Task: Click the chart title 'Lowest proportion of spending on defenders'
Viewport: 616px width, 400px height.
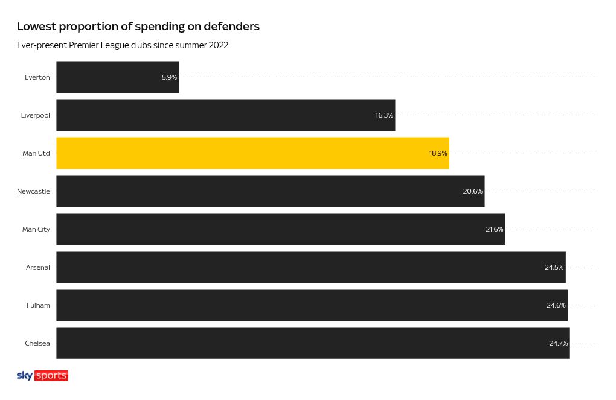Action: pos(138,27)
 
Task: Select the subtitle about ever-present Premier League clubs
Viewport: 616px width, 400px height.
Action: pos(123,45)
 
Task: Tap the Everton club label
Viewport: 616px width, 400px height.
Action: pos(37,77)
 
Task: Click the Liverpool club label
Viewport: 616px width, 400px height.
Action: pos(36,115)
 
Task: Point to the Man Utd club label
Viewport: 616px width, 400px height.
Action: pos(36,153)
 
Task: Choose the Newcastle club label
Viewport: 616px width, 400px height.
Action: pos(33,192)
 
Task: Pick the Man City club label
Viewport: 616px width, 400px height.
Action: pos(36,229)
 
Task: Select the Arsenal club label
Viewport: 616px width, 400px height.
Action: pos(38,267)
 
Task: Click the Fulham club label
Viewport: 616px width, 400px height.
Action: pos(39,305)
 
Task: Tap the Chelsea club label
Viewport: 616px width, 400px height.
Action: pos(37,343)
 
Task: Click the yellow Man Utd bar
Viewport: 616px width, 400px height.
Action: pos(252,153)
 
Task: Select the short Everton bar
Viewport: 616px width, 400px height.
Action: pos(118,77)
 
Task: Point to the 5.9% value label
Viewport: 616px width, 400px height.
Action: pos(169,77)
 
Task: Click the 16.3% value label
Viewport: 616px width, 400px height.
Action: pos(384,115)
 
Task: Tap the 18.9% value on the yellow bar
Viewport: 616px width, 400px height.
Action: pos(438,153)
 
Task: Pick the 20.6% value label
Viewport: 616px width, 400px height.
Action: pos(473,192)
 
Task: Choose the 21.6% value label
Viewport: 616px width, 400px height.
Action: pos(495,229)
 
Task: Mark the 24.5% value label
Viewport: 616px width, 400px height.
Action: pos(554,267)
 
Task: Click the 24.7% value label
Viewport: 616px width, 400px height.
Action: pos(559,343)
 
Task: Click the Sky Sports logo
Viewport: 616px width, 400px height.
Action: pos(42,376)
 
